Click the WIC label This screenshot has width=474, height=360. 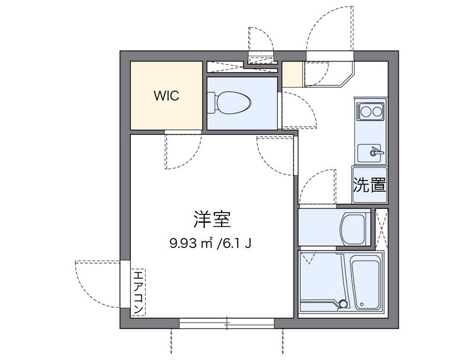click(x=166, y=96)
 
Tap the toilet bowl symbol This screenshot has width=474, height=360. click(x=233, y=102)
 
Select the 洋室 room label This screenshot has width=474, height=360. click(x=212, y=220)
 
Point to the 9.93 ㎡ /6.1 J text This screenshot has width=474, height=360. click(x=210, y=243)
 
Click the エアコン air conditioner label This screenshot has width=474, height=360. click(x=138, y=292)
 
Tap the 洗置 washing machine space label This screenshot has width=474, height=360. click(x=370, y=185)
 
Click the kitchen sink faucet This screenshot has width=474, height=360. click(x=376, y=152)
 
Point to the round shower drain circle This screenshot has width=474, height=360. click(x=343, y=303)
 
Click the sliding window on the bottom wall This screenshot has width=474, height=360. click(x=227, y=323)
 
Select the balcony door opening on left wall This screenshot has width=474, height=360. click(x=125, y=284)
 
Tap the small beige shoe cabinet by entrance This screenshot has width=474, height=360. click(x=292, y=74)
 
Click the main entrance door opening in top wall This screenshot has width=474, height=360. click(x=330, y=56)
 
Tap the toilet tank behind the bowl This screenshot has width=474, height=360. click(x=211, y=102)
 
